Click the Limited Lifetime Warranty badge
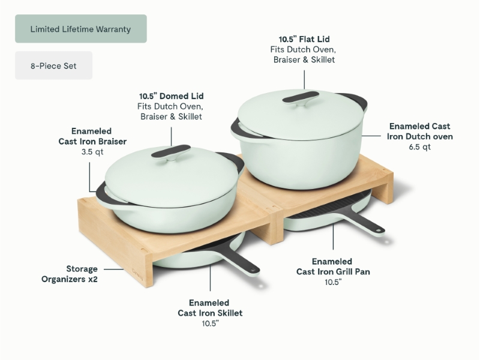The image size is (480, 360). pos(81,29)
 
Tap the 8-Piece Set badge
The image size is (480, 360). pos(53,65)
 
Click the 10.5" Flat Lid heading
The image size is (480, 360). pos(304,39)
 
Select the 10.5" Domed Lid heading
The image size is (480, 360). pos(171,96)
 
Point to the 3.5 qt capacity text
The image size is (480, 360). pos(92,152)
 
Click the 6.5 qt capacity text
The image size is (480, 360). pos(419,147)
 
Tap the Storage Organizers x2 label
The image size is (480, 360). pos(70,274)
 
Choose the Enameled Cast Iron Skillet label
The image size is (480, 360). pos(210,308)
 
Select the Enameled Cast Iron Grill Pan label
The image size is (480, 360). pos(333,266)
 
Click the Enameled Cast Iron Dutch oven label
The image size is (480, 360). pos(419,131)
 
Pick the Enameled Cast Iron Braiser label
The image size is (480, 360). pos(92,136)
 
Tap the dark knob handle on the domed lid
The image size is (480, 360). pos(171,152)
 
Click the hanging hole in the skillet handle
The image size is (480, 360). pos(253,271)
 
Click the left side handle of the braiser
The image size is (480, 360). pos(103,195)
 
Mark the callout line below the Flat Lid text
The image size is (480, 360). pos(304,80)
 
